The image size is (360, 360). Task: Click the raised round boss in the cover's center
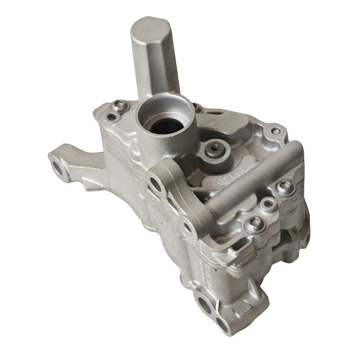[x=214, y=148]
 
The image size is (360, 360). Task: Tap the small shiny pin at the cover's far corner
[x=276, y=131]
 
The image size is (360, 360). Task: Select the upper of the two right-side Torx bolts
[x=283, y=186]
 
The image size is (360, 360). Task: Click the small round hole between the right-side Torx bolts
[x=268, y=204]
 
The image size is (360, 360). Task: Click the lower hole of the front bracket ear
[x=186, y=226]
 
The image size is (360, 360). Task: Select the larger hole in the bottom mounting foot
[x=203, y=304]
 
